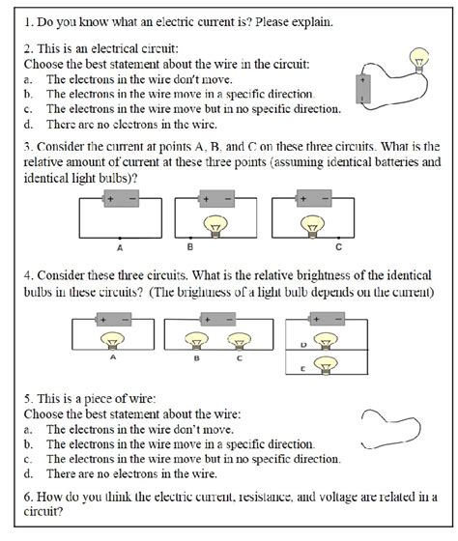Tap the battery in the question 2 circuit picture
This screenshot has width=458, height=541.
(x=362, y=100)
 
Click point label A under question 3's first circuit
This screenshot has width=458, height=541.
(x=118, y=245)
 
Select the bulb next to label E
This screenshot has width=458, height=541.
(x=327, y=366)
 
